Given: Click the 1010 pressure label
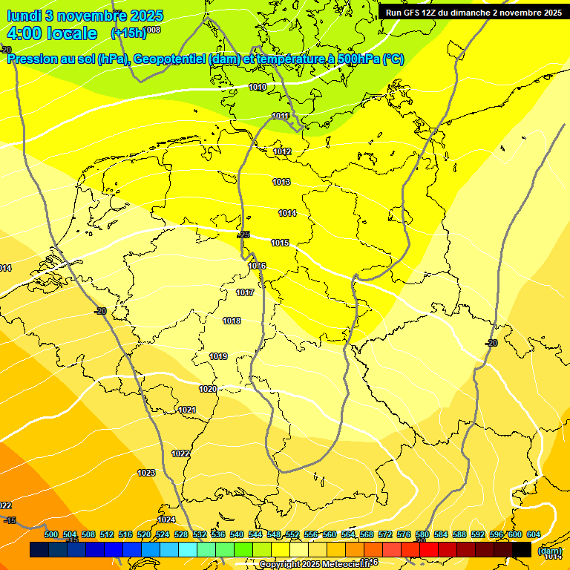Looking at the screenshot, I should pyautogui.click(x=258, y=88).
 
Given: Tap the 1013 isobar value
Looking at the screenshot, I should pyautogui.click(x=281, y=183).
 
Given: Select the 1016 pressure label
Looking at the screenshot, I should pyautogui.click(x=257, y=266).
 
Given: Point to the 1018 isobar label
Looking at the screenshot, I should pyautogui.click(x=232, y=321).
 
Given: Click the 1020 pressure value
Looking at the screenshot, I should pyautogui.click(x=208, y=390).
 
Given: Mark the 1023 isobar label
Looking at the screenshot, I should pyautogui.click(x=146, y=473).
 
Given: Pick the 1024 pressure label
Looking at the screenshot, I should pyautogui.click(x=166, y=520).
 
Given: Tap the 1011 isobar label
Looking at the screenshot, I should pyautogui.click(x=281, y=116).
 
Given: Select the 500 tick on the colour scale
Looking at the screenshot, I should pyautogui.click(x=51, y=535).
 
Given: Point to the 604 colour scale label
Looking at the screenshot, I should pyautogui.click(x=533, y=535).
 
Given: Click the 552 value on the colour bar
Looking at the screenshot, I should pyautogui.click(x=292, y=535).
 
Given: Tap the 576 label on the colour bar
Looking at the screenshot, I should pyautogui.click(x=404, y=535).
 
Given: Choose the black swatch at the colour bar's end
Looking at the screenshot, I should pyautogui.click(x=522, y=549).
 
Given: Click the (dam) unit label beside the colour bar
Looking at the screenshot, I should pyautogui.click(x=550, y=551).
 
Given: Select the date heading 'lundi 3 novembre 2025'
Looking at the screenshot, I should pyautogui.click(x=76, y=16).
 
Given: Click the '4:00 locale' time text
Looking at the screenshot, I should pyautogui.click(x=51, y=33).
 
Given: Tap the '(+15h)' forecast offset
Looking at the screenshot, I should pyautogui.click(x=127, y=33).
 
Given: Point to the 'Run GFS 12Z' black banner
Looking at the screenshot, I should pyautogui.click(x=474, y=12).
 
